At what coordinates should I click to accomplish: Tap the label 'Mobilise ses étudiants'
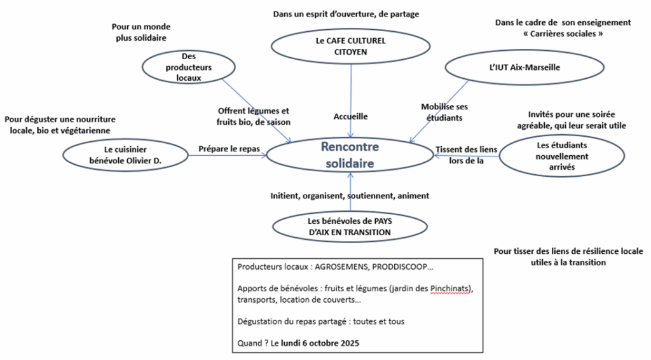pyautogui.click(x=444, y=112)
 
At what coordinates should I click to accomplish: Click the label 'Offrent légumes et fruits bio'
pyautogui.click(x=253, y=115)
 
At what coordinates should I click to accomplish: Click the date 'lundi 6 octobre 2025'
pyautogui.click(x=324, y=343)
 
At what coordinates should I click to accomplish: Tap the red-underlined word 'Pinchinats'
pyautogui.click(x=451, y=289)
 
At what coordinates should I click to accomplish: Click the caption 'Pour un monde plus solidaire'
pyautogui.click(x=141, y=32)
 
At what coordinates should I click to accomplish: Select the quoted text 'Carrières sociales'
pyautogui.click(x=563, y=33)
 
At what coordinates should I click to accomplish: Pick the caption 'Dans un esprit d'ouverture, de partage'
pyautogui.click(x=346, y=13)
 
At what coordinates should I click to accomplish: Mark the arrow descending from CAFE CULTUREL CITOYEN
pyautogui.click(x=352, y=89)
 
